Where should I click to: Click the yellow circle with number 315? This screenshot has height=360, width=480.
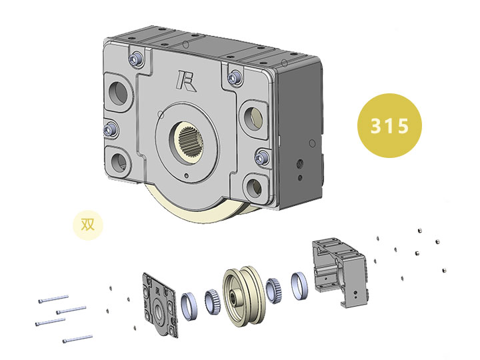point(389,125)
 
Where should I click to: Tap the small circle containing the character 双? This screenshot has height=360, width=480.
point(88,225)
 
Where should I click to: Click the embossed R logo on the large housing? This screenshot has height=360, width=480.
point(186,81)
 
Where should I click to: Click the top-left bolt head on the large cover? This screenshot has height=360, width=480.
point(135,59)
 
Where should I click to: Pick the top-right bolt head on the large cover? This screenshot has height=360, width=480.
point(235,77)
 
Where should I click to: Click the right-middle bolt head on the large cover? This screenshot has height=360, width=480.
point(261,157)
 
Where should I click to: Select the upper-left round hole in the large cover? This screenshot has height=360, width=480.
point(118,92)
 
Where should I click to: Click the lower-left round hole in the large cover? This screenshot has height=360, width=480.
point(119,162)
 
